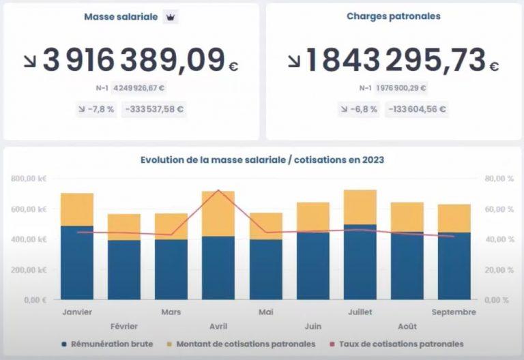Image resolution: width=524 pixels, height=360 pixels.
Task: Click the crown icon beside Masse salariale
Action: click(171, 17)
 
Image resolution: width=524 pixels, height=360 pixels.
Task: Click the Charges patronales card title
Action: click(393, 16)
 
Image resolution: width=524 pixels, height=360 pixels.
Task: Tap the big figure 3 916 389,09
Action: click(134, 60)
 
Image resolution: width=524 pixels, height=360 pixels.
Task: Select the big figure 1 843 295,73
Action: click(395, 60)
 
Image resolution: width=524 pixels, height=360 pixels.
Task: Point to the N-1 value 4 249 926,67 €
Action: click(139, 88)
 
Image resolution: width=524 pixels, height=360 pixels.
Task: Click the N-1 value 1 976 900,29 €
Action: click(401, 88)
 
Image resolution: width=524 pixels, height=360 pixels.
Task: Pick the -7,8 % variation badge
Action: click(96, 109)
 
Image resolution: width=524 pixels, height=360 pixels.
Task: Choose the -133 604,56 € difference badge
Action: click(417, 109)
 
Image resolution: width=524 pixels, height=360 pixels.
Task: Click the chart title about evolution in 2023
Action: click(262, 160)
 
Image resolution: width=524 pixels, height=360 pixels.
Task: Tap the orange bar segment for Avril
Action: click(218, 213)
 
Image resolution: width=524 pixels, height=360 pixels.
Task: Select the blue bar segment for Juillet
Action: click(360, 262)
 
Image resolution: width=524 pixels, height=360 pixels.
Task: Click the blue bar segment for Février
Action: click(124, 270)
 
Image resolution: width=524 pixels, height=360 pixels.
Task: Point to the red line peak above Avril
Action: click(218, 190)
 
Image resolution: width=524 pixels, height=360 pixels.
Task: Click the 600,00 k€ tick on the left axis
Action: click(29, 209)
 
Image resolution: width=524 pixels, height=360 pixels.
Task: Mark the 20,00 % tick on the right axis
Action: click(499, 270)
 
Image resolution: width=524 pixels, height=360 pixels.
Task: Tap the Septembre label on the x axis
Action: click(454, 312)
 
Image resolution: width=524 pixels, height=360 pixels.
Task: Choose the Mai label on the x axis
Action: click(266, 312)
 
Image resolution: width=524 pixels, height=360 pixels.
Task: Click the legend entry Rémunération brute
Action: click(108, 344)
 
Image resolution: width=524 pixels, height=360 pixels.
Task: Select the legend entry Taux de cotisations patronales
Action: click(396, 344)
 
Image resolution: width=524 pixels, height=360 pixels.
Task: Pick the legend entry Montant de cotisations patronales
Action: click(241, 344)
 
